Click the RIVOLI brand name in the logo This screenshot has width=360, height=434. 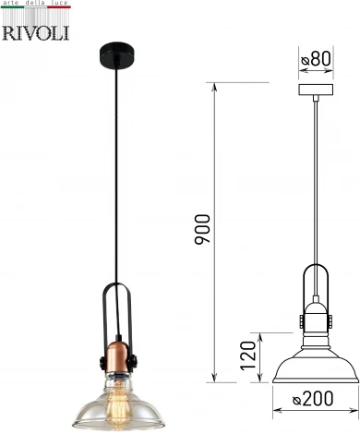(x=36, y=33)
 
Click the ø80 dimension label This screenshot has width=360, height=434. (x=316, y=58)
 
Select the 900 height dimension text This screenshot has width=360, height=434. (x=202, y=229)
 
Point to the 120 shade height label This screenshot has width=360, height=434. (x=248, y=356)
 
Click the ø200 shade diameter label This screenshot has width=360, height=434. (x=313, y=398)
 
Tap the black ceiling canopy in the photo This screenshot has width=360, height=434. (x=118, y=54)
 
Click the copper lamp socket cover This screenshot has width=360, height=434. (x=117, y=356)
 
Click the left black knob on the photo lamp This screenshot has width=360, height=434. (x=102, y=363)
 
